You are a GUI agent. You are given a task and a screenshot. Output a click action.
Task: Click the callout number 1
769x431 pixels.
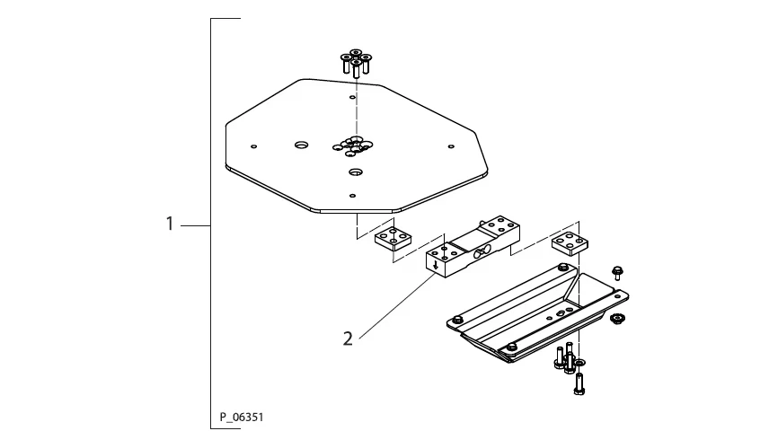[x=169, y=224]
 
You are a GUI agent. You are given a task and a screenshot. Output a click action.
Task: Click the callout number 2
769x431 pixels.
[x=348, y=339]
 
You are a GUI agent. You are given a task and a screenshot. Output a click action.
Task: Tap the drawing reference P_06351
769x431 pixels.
[x=242, y=418]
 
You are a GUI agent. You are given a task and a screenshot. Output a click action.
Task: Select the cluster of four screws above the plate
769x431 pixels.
[x=356, y=63]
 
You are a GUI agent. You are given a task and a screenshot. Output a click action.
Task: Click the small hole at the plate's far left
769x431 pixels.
[x=254, y=146]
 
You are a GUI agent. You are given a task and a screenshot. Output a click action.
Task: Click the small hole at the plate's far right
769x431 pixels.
[x=450, y=146]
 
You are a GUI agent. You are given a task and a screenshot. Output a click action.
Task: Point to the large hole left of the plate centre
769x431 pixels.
[x=301, y=145]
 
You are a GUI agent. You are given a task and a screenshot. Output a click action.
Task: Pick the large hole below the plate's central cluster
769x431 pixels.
[x=356, y=171]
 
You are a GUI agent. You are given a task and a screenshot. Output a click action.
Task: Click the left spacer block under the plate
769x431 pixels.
[x=393, y=240]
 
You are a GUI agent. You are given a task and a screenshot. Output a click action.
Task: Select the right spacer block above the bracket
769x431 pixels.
[x=569, y=243]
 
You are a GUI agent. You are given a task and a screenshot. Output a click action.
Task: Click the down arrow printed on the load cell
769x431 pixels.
[x=436, y=264]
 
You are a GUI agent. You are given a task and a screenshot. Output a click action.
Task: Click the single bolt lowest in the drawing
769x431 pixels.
[x=579, y=383]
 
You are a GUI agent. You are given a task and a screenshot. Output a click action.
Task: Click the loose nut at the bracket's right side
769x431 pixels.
[x=616, y=319]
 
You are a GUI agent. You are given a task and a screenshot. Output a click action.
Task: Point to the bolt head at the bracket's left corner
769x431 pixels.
[x=458, y=319]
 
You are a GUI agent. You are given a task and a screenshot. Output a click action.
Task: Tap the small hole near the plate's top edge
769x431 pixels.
[x=352, y=95]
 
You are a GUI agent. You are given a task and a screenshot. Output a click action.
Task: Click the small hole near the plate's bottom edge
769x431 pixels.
[x=353, y=195]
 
